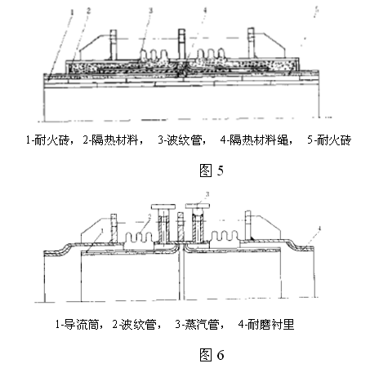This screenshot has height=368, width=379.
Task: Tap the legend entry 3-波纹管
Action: click(180, 140)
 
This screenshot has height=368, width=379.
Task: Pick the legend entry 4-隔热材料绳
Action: click(255, 140)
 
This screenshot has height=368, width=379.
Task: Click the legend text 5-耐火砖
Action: click(329, 140)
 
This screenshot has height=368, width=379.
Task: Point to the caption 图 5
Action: click(212, 171)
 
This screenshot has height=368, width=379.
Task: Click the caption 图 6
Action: click(212, 355)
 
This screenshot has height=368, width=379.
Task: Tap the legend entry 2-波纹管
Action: click(134, 325)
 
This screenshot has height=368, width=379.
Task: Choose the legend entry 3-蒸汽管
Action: click(198, 325)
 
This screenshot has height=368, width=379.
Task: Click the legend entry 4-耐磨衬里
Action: click(266, 325)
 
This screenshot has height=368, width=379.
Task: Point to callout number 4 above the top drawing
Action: click(205, 11)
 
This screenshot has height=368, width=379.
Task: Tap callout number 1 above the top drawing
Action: click(72, 12)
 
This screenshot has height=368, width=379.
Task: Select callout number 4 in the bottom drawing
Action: click(319, 228)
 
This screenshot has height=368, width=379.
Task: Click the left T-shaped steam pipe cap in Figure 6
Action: click(163, 206)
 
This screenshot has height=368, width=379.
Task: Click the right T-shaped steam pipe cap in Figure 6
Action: click(198, 206)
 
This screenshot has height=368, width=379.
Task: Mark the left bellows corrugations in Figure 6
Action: click(139, 237)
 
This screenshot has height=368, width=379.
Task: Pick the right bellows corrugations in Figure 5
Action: click(212, 54)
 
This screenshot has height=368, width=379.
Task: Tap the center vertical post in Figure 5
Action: click(181, 43)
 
